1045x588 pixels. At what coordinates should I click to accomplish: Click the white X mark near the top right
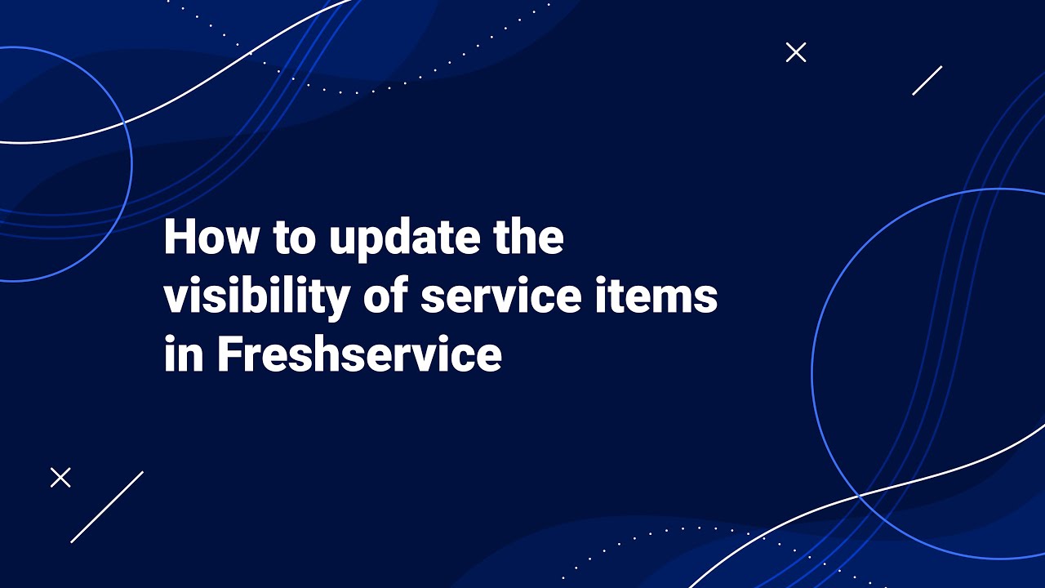[x=796, y=52]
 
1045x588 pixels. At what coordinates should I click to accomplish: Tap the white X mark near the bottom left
[x=60, y=478]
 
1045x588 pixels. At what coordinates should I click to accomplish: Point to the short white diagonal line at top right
[x=927, y=80]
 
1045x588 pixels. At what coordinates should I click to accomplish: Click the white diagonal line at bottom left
[x=107, y=507]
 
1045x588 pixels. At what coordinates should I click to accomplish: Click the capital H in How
[x=180, y=238]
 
